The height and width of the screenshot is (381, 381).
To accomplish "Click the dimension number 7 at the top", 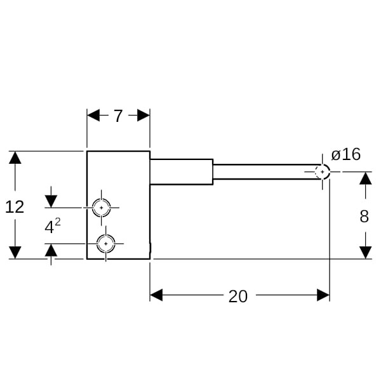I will coord(118,116).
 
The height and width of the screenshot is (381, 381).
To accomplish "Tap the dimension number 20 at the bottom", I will coord(238,296).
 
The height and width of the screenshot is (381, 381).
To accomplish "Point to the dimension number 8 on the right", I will coord(364,217).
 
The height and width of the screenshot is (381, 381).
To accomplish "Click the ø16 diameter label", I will coord(346,154).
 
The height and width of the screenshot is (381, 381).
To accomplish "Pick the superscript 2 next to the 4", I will coord(58,222).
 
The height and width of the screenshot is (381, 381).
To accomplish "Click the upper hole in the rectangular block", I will coord(101,207).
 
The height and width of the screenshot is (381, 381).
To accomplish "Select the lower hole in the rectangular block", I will coord(105,243).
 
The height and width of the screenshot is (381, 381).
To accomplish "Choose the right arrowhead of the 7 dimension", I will coord(144,115).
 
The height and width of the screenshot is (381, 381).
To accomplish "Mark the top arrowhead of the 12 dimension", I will coord(15,157).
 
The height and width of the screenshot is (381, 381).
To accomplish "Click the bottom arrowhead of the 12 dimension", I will coord(15,252).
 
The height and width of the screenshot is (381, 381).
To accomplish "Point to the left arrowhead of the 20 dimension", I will coord(157,295).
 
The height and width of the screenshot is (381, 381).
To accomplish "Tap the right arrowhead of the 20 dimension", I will coord(323,295).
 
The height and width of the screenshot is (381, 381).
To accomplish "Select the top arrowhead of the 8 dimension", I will coord(365,178).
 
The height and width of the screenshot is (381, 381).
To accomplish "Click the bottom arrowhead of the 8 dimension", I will coord(365,252).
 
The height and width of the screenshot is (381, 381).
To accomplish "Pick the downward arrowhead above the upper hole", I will coord(51,201).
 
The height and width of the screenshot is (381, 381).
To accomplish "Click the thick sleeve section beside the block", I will coord(181,171).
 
